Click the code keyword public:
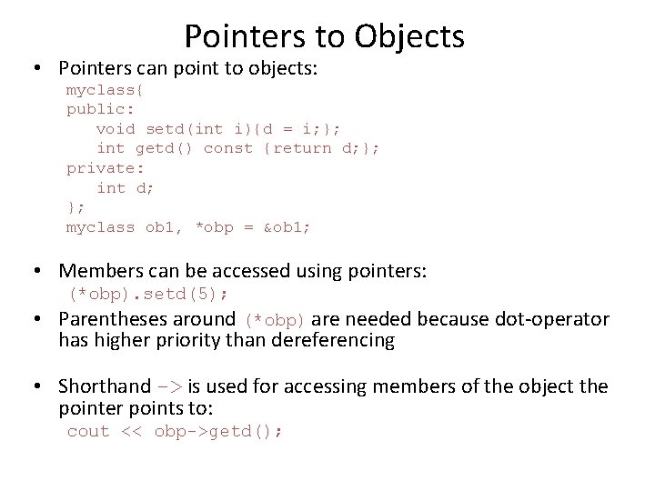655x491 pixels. coord(101,109)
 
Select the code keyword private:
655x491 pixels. coord(106,168)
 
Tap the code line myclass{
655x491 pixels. coord(105,90)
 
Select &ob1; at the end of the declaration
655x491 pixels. coord(286,227)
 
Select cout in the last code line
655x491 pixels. coord(88,432)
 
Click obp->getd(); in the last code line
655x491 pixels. coord(218,432)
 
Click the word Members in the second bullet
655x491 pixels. coord(96,270)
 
